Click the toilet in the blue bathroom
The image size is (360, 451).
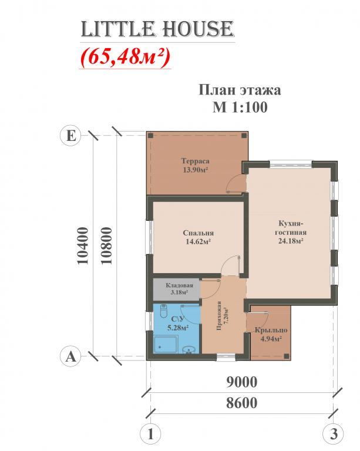tap(163, 311)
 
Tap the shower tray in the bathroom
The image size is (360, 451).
tap(166, 344)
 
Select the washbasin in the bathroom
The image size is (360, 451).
tap(189, 349)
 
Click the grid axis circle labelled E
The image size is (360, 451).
tap(70, 136)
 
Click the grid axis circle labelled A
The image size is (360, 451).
tap(70, 356)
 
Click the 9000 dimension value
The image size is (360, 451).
tap(242, 382)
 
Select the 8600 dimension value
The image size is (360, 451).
tap(241, 403)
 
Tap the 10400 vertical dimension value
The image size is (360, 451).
tap(83, 246)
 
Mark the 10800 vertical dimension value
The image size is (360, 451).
tap(106, 246)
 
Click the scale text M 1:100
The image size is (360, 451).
tap(240, 107)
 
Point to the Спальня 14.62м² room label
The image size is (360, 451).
tap(198, 237)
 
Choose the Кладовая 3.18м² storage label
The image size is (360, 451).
tap(179, 289)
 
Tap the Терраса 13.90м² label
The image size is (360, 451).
tap(195, 166)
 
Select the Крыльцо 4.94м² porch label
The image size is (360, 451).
tap(271, 334)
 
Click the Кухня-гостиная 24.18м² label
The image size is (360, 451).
tap(291, 232)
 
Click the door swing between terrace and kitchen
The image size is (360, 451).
tap(235, 184)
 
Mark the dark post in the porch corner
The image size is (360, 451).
tap(286, 356)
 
